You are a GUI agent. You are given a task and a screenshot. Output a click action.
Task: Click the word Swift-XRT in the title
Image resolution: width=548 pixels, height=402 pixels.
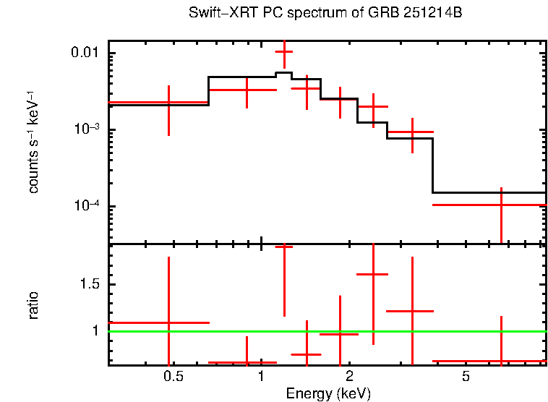(217, 14)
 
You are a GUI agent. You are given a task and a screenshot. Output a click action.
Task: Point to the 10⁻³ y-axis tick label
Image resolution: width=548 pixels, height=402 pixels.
(87, 129)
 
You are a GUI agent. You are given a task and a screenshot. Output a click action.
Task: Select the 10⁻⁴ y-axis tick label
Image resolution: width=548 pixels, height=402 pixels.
(87, 206)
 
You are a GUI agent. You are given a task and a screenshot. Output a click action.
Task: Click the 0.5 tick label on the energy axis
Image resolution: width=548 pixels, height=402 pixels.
(173, 377)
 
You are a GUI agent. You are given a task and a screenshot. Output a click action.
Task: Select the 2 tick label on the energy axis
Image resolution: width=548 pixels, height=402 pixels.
(349, 377)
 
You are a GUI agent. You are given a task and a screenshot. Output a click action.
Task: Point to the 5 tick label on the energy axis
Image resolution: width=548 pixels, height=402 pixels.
(466, 377)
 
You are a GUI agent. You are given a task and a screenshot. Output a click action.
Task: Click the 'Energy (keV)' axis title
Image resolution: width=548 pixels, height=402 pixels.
(328, 393)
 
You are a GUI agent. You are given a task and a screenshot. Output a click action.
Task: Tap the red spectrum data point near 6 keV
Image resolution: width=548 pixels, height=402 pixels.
(501, 205)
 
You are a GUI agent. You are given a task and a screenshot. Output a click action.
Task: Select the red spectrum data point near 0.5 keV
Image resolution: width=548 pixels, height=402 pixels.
(168, 103)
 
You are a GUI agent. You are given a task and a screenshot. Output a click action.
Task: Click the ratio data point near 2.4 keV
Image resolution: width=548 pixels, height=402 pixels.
(373, 275)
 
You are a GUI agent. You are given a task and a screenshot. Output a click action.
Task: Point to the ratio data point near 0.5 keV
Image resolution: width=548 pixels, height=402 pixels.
(168, 322)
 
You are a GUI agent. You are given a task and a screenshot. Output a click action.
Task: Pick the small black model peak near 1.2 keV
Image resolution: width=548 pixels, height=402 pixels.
(284, 73)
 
